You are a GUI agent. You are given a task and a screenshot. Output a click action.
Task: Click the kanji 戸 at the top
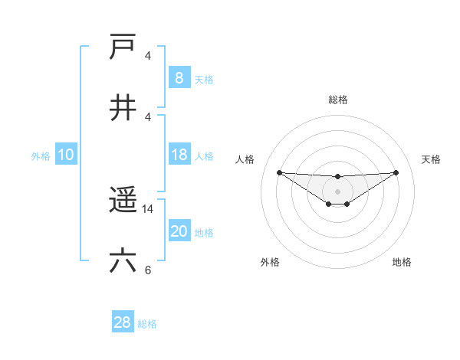123,47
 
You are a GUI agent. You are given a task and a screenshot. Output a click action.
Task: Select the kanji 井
123,108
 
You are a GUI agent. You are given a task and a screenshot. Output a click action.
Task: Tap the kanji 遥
123,201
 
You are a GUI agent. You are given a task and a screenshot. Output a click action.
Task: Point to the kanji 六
123,261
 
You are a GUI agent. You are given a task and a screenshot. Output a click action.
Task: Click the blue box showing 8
179,77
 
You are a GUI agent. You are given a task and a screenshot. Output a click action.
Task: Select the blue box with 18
179,155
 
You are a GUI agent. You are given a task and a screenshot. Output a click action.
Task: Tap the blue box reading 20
179,232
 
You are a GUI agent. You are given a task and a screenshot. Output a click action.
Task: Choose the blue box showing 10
65,155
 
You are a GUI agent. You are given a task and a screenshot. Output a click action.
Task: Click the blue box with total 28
123,323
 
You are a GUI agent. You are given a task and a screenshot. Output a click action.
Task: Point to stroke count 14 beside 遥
148,208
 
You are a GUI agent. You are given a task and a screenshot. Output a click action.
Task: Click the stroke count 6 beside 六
148,270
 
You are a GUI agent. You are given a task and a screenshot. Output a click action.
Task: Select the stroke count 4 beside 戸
148,56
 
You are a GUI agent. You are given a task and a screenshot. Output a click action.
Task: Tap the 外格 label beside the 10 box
41,156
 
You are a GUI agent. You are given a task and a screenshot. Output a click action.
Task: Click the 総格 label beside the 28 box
147,324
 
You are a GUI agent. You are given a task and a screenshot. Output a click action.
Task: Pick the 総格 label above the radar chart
338,100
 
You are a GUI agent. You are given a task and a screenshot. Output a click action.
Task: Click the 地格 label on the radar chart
402,262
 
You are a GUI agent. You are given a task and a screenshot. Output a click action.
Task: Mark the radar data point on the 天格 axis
396,172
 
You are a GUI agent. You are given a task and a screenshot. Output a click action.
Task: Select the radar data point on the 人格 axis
280,172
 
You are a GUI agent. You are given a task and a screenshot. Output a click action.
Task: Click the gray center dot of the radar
337,191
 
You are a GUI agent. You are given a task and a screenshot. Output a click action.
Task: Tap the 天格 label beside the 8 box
204,79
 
